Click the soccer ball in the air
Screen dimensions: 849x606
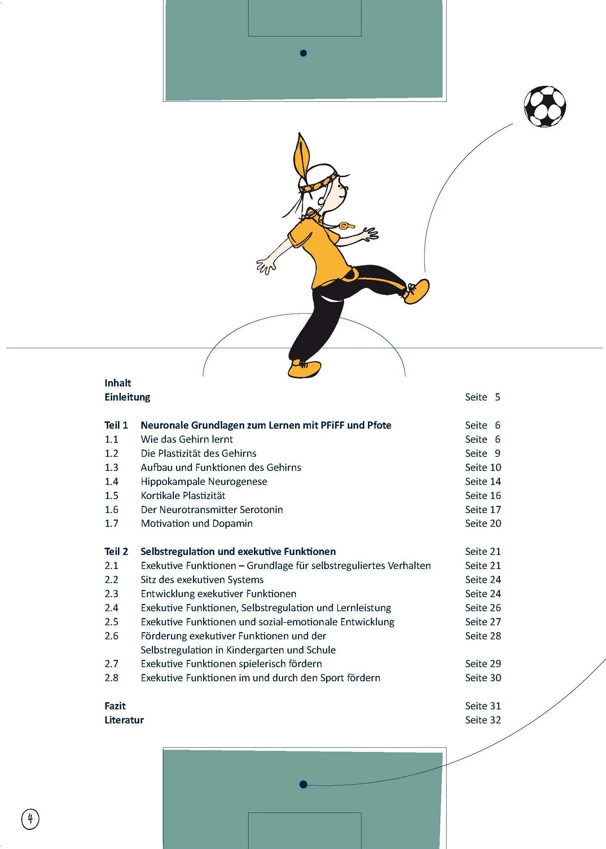pyautogui.click(x=544, y=106)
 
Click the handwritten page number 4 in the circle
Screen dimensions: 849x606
pyautogui.click(x=31, y=819)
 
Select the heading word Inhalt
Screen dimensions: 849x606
pyautogui.click(x=118, y=383)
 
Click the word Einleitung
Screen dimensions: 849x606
pyautogui.click(x=127, y=397)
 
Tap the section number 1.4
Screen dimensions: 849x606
pyautogui.click(x=111, y=481)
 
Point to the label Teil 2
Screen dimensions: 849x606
pyautogui.click(x=116, y=551)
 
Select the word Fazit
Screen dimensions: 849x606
pyautogui.click(x=115, y=706)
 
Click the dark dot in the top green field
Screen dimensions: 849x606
pyautogui.click(x=303, y=53)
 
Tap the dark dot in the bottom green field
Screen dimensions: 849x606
pyautogui.click(x=303, y=784)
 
